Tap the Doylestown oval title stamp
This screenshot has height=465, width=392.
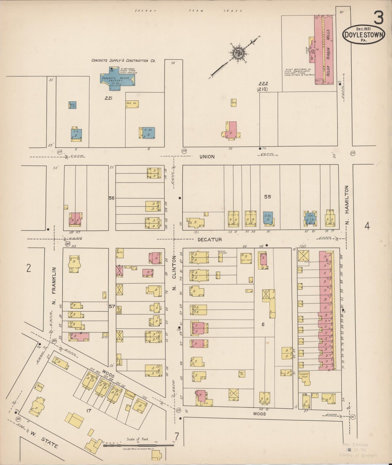tap(364, 34)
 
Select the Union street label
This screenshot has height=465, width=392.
tap(207, 157)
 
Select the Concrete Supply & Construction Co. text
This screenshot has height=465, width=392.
tap(123, 61)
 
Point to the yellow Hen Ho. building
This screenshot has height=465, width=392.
tap(132, 104)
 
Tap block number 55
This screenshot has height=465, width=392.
tap(267, 197)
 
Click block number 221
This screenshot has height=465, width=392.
tap(109, 98)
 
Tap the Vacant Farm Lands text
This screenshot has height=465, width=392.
tap(189, 11)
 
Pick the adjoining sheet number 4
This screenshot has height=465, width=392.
tap(367, 225)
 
